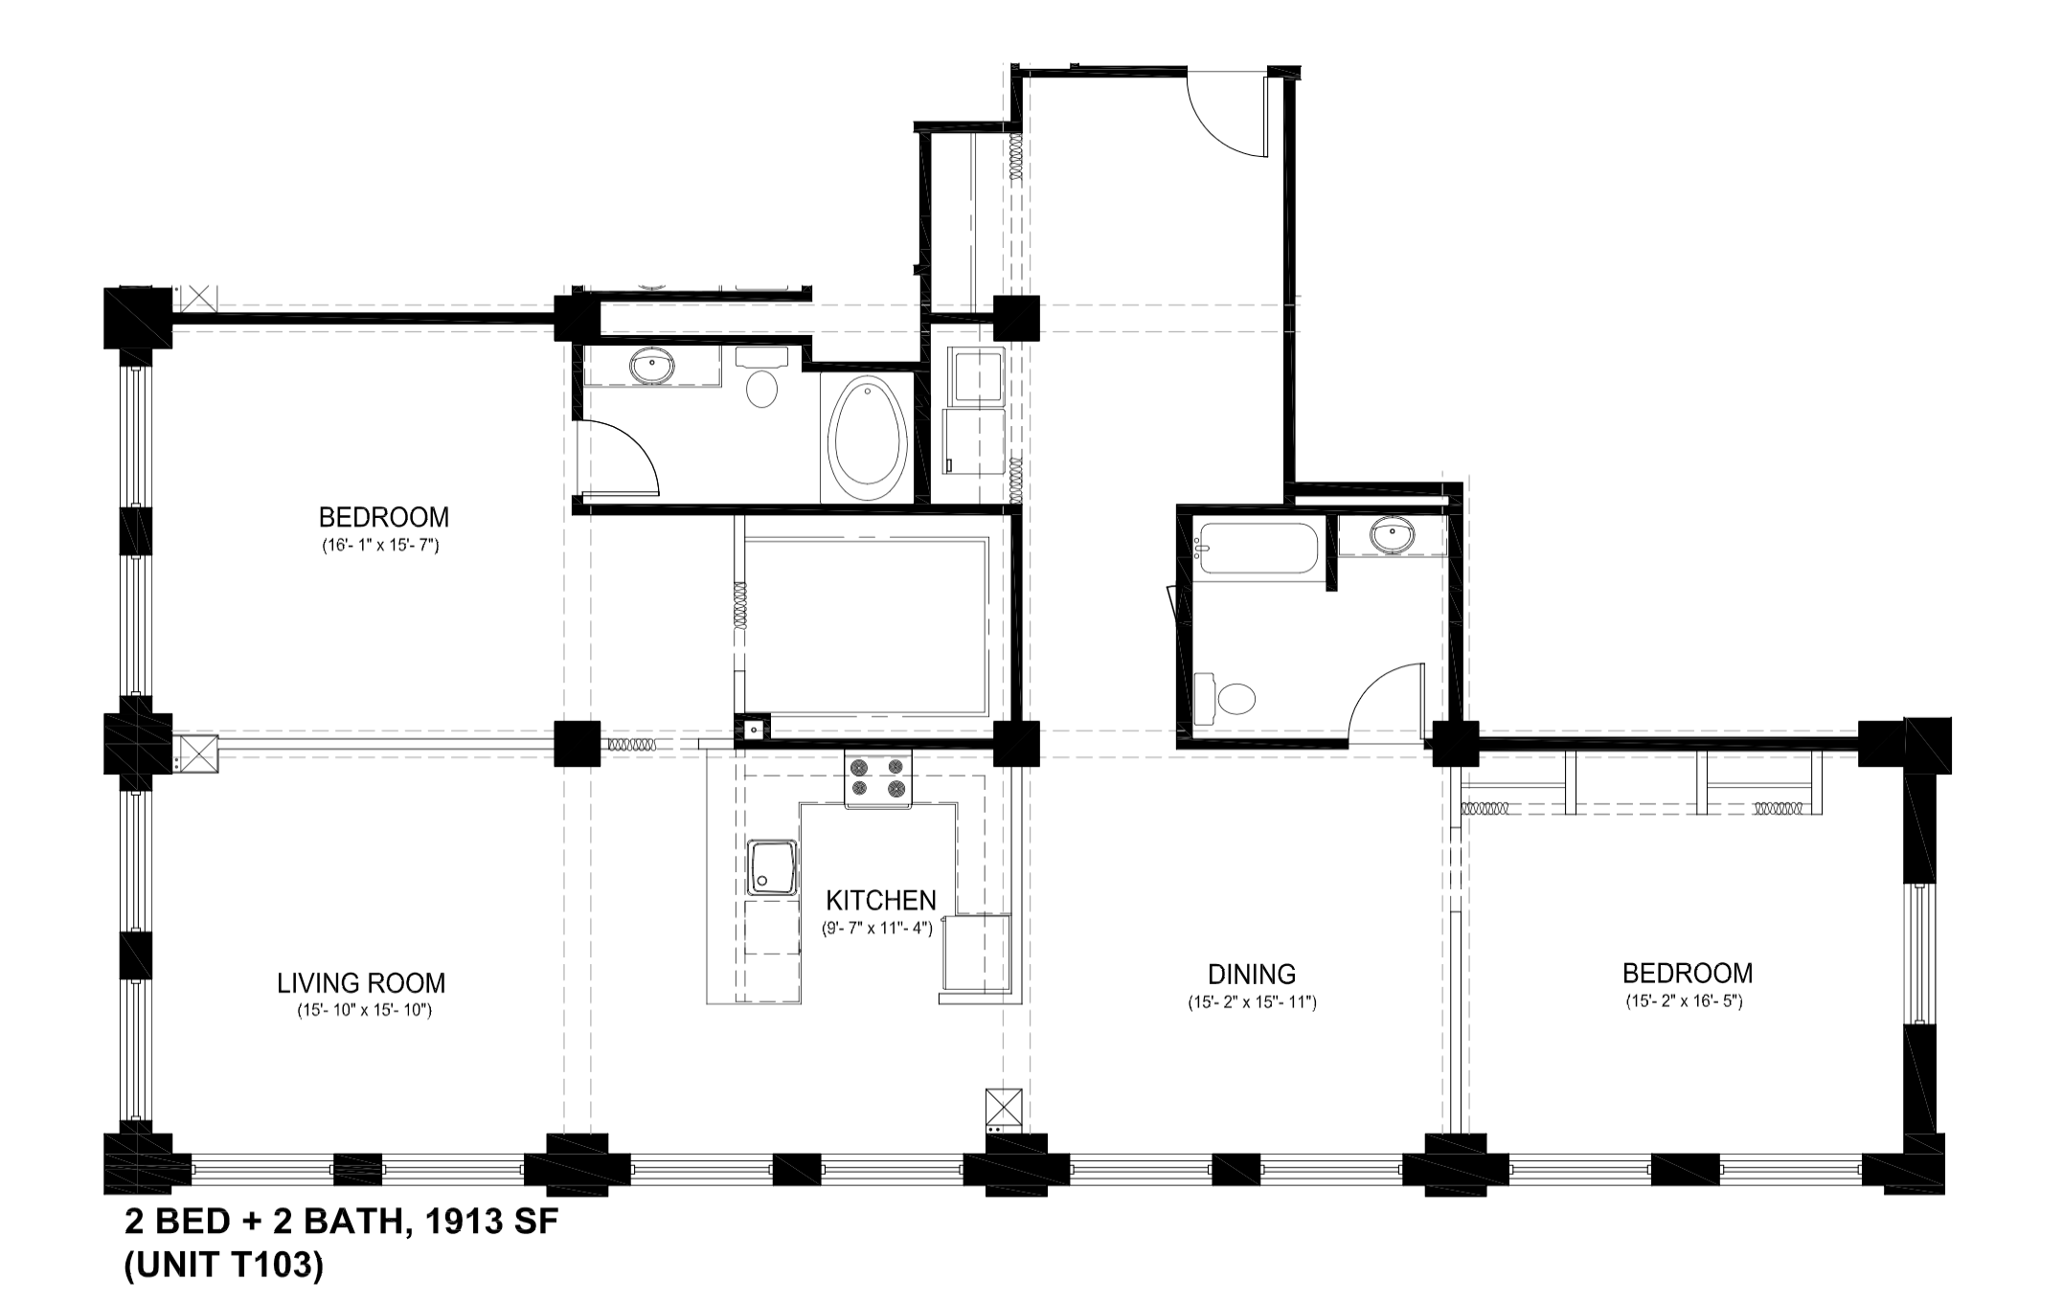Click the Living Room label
(361, 983)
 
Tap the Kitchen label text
(880, 901)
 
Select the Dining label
(1251, 975)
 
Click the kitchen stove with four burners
(878, 777)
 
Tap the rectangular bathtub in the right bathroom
(1256, 549)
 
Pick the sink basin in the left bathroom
(653, 366)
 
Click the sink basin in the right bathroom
(1392, 536)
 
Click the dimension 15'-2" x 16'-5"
(1683, 1002)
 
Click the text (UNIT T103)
(224, 1266)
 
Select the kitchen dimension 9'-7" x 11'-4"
(876, 928)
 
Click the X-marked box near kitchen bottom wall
(1003, 1108)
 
